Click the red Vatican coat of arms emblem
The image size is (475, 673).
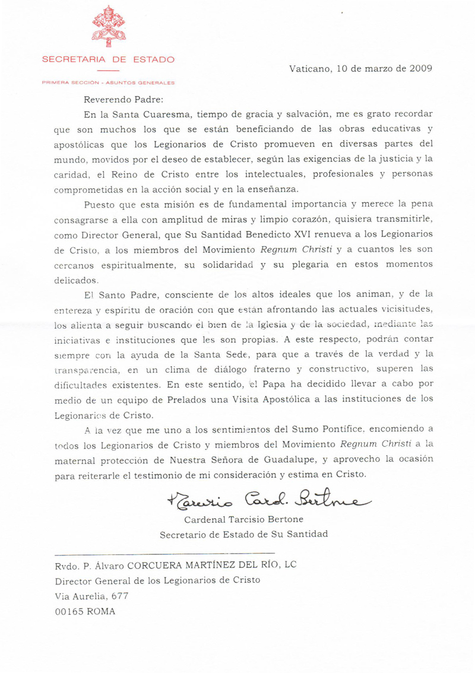(x=108, y=27)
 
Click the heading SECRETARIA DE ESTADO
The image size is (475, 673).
(x=108, y=59)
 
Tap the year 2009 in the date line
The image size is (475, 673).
(x=421, y=68)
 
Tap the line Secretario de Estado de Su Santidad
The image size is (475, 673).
(x=243, y=534)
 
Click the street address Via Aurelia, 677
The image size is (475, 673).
(x=91, y=596)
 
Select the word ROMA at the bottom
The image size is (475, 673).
(x=100, y=611)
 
